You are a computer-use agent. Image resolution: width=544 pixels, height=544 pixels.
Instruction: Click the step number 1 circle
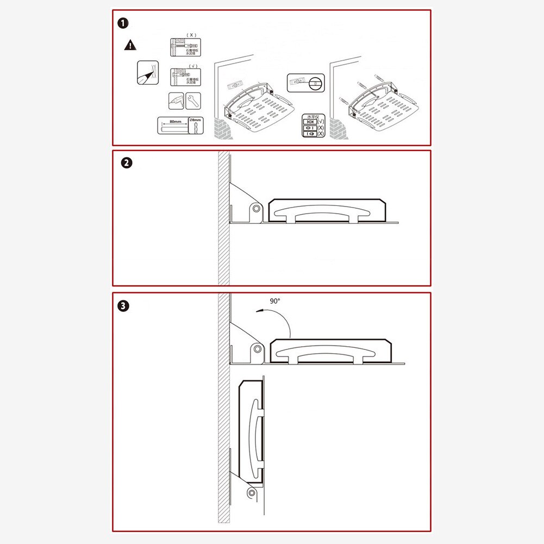(x=124, y=23)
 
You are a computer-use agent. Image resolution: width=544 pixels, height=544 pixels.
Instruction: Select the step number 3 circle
(x=124, y=306)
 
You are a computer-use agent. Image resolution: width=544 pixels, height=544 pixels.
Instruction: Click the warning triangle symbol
(x=130, y=45)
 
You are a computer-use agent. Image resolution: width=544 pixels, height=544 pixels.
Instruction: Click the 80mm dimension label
(x=174, y=122)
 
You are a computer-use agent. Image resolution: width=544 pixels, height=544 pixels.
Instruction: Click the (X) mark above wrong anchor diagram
(x=191, y=35)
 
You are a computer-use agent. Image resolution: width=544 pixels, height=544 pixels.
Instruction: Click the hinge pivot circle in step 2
(x=255, y=209)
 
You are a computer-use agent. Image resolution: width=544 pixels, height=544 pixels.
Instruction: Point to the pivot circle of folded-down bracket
(x=252, y=492)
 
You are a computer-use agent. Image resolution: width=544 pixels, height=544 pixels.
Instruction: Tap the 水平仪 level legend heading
(x=312, y=116)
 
